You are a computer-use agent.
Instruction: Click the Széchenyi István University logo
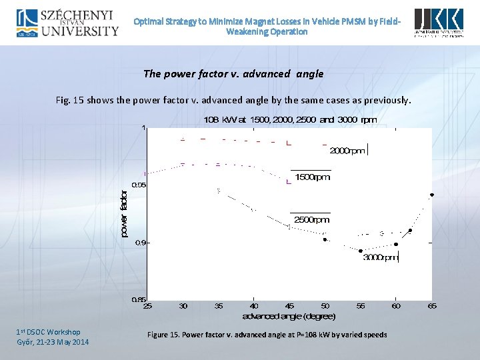coord(67,22)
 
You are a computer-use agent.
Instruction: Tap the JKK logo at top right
coord(439,23)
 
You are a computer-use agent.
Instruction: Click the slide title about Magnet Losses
coord(267,26)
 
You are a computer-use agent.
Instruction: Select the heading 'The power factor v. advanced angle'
coord(233,74)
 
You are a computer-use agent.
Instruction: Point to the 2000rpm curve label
coord(347,151)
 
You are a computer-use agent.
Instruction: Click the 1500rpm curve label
coord(312,177)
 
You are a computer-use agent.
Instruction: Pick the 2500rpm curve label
coord(311,219)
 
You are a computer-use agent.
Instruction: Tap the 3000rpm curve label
coord(380,257)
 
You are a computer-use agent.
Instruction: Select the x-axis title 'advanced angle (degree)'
coord(289,315)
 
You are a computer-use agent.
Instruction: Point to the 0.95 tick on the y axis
coord(138,185)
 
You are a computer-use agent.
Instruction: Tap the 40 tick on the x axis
coord(254,306)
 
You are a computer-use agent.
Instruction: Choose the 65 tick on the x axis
coord(432,306)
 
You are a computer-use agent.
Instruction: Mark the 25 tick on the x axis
coord(148,306)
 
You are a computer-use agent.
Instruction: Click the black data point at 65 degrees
coord(432,195)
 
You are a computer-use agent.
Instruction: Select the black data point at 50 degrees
coord(325,239)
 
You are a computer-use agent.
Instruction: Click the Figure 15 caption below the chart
coord(267,335)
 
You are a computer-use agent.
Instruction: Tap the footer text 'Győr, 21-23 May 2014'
coord(52,342)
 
